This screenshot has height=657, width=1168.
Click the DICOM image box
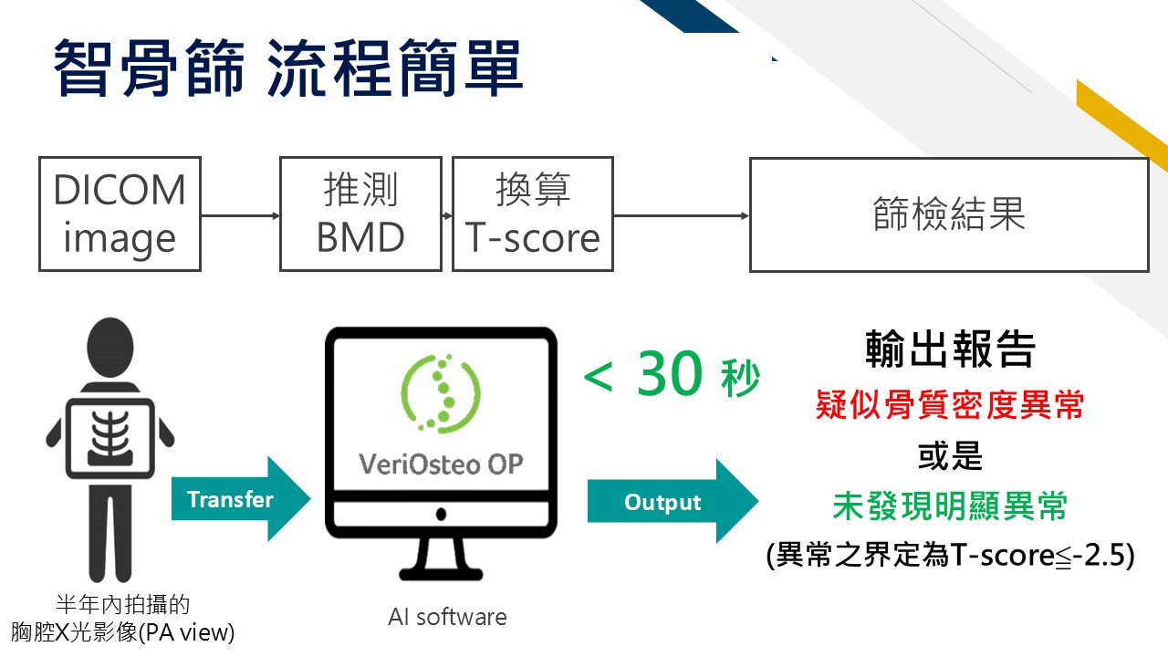(120, 214)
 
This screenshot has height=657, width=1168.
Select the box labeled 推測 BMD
(360, 214)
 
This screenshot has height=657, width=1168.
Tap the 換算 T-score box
(532, 214)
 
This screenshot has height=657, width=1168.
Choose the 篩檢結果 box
(949, 214)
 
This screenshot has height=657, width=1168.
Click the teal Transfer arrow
(241, 499)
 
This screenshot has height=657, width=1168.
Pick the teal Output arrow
(673, 501)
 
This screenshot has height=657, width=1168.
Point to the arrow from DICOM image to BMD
(240, 215)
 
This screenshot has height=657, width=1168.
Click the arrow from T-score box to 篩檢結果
(682, 215)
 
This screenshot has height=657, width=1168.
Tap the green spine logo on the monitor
(441, 393)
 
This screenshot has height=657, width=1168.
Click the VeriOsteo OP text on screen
(441, 464)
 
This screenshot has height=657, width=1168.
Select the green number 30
(670, 373)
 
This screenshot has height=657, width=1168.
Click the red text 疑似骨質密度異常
(950, 404)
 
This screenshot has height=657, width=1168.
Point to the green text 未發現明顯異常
(950, 506)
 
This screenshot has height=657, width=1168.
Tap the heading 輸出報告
(950, 349)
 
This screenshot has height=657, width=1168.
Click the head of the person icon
(110, 348)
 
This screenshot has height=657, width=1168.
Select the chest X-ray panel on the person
(110, 438)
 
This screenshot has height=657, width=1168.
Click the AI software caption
(447, 618)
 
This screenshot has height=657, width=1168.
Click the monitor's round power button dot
(441, 515)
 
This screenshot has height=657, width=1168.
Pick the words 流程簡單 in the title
(395, 68)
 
